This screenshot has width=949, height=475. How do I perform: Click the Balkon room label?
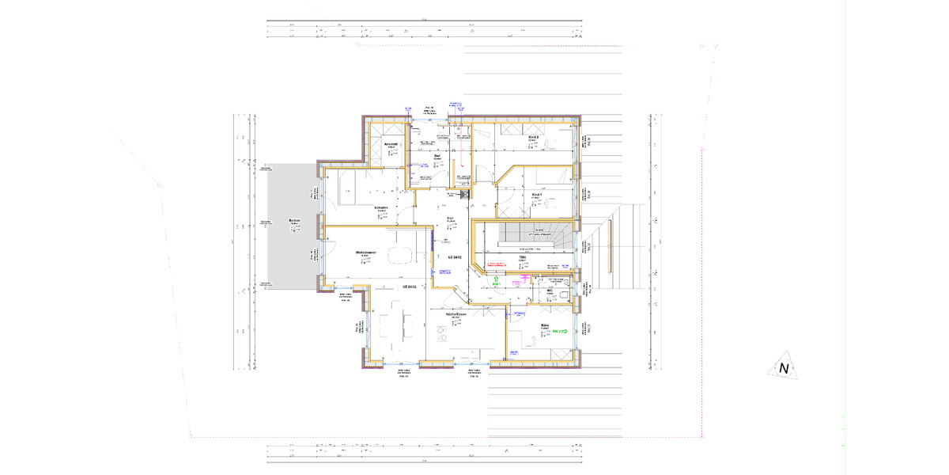click(293, 221)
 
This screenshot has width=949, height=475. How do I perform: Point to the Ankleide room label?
click(391, 144)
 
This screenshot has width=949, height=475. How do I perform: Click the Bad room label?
click(437, 156)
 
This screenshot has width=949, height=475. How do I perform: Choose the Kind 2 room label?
click(533, 137)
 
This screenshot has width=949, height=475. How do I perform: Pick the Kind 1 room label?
click(537, 194)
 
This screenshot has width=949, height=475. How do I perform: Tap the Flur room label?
click(450, 218)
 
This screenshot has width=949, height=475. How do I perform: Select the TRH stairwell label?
click(522, 257)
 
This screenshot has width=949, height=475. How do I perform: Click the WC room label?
click(548, 291)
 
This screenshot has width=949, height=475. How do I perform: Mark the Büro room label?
click(545, 325)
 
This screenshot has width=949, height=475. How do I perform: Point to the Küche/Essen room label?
click(456, 314)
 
